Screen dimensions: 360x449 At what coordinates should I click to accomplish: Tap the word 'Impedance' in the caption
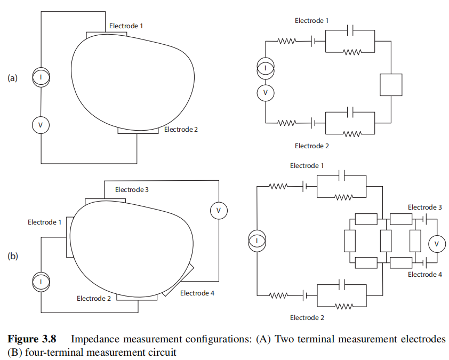(x=92, y=339)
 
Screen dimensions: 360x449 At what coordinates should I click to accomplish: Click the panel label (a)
(x=12, y=78)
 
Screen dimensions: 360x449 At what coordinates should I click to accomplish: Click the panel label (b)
(x=12, y=256)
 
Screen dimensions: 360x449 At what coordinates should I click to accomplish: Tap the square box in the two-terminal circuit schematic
(x=390, y=85)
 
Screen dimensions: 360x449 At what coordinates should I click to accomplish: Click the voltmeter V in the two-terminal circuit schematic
(x=266, y=93)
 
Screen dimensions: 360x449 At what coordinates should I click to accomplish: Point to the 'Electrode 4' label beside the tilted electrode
(x=197, y=293)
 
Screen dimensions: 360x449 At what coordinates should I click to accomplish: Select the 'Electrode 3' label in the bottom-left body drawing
(x=133, y=189)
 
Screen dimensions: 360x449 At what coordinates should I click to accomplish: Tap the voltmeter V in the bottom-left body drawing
(x=218, y=211)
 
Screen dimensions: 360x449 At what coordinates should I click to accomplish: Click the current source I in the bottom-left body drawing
(x=41, y=282)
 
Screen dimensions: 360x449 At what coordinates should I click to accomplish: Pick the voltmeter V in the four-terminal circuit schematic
(x=437, y=243)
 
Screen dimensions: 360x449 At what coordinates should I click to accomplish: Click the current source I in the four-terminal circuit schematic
(x=257, y=241)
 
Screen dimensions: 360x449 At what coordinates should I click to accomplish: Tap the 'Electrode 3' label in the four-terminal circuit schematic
(x=424, y=207)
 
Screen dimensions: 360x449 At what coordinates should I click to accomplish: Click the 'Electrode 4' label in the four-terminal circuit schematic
(x=424, y=274)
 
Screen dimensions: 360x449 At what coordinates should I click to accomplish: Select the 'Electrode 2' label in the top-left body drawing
(x=181, y=129)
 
